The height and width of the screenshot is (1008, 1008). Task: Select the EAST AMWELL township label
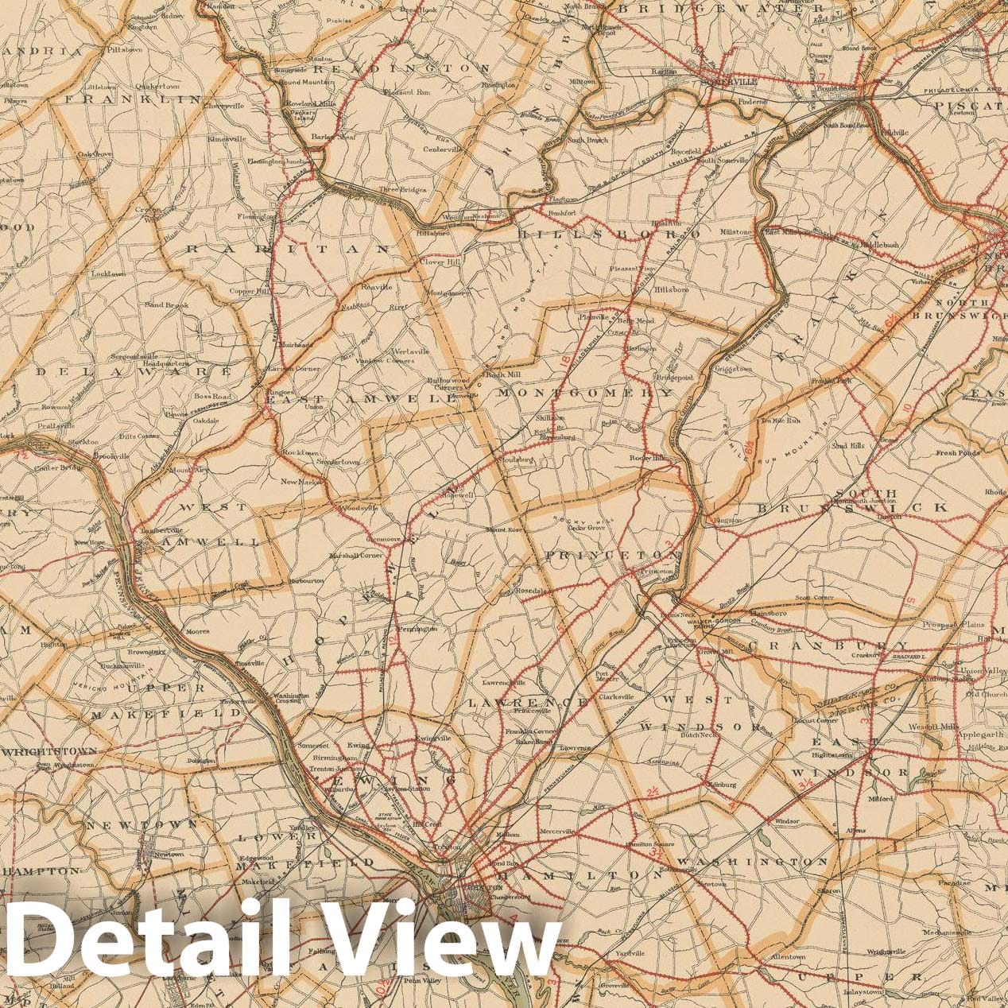(x=361, y=400)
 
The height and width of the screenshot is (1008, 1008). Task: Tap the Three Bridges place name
(x=402, y=190)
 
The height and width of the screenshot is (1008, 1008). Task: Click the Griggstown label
(x=733, y=369)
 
